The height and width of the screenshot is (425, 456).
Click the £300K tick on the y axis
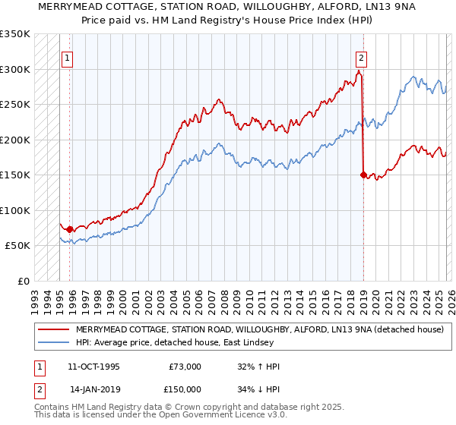click(x=15, y=69)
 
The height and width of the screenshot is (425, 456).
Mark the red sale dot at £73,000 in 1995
click(x=70, y=229)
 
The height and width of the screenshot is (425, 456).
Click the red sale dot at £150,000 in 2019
click(x=363, y=175)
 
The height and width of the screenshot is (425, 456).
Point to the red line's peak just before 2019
click(x=359, y=71)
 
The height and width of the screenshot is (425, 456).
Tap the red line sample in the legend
click(x=54, y=329)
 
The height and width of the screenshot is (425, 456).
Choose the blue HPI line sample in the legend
click(x=54, y=342)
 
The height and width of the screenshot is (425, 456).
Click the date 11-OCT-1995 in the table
click(x=95, y=367)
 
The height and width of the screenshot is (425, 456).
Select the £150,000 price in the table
click(x=185, y=389)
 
